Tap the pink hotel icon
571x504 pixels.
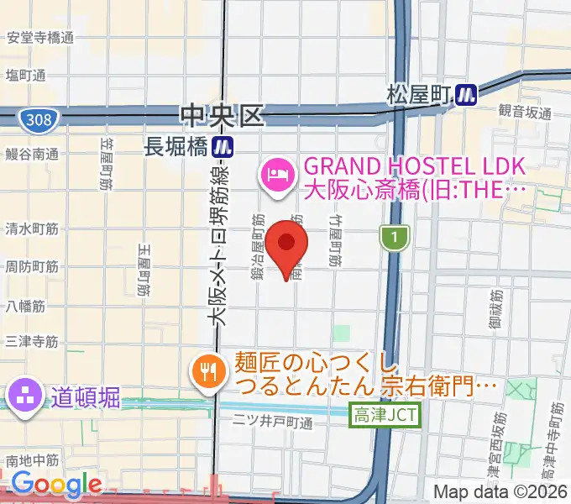click(276, 175)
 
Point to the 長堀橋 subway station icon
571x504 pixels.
click(223, 147)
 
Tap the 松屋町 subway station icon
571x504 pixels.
click(464, 95)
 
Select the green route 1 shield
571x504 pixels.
click(392, 239)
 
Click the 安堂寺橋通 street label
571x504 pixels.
click(40, 38)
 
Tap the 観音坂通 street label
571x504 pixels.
click(525, 112)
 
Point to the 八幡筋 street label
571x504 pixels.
click(24, 306)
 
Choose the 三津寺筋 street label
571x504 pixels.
click(31, 341)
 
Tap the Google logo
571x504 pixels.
click(56, 485)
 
